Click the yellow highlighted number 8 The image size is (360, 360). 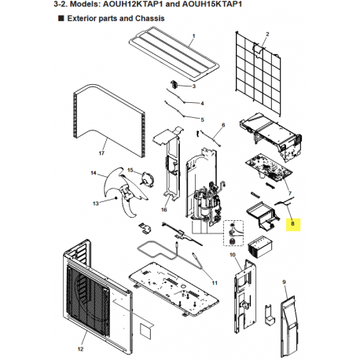[x=292, y=223]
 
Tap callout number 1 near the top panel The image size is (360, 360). [x=193, y=35]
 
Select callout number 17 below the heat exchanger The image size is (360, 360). [x=101, y=153]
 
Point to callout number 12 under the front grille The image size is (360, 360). [x=80, y=349]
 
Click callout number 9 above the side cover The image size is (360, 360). [x=284, y=282]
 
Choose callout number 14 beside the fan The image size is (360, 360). [x=94, y=173]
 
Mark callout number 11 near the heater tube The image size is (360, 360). [x=215, y=283]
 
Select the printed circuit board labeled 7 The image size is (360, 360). [x=269, y=168]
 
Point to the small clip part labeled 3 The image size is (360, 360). [x=174, y=84]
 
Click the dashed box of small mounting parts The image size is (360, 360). [x=233, y=233]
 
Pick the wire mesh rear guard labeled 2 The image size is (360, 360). [x=259, y=73]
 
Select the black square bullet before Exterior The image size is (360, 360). [x=61, y=18]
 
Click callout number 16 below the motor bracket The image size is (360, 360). [x=163, y=209]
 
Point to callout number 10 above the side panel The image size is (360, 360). [x=233, y=255]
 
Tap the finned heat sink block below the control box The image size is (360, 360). [x=260, y=247]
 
